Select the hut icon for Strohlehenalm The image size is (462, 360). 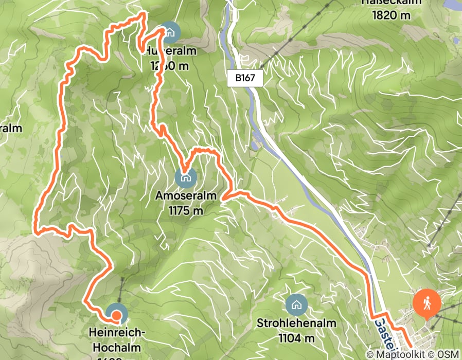[x=296, y=305]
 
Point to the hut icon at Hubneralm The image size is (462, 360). [x=169, y=32]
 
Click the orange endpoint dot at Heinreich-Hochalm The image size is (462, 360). [x=117, y=316]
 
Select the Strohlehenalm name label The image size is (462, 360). [x=297, y=323]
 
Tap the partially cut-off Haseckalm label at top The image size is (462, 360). [x=392, y=3]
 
